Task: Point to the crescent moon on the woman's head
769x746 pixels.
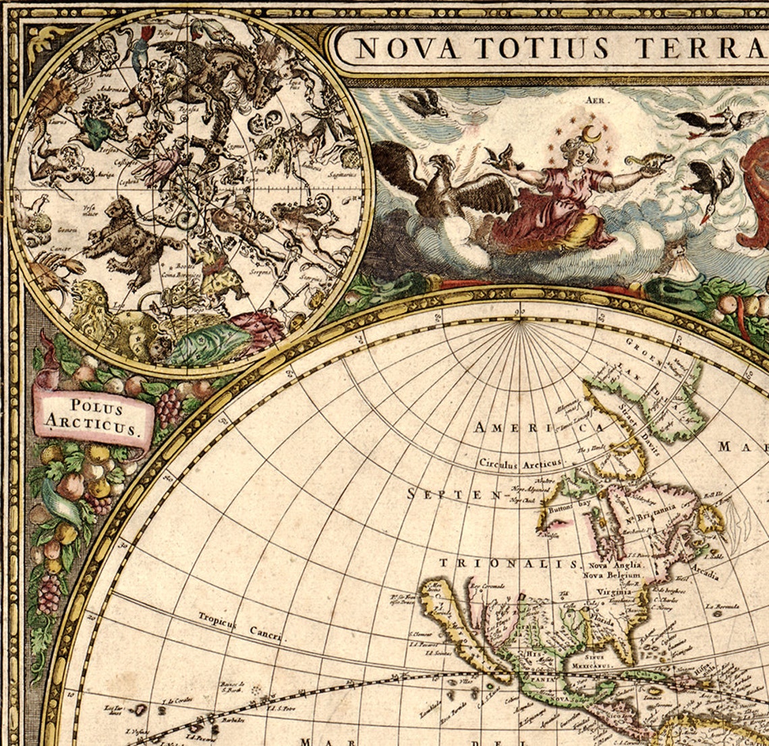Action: [x=591, y=134]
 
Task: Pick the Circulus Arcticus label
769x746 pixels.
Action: [x=519, y=463]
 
